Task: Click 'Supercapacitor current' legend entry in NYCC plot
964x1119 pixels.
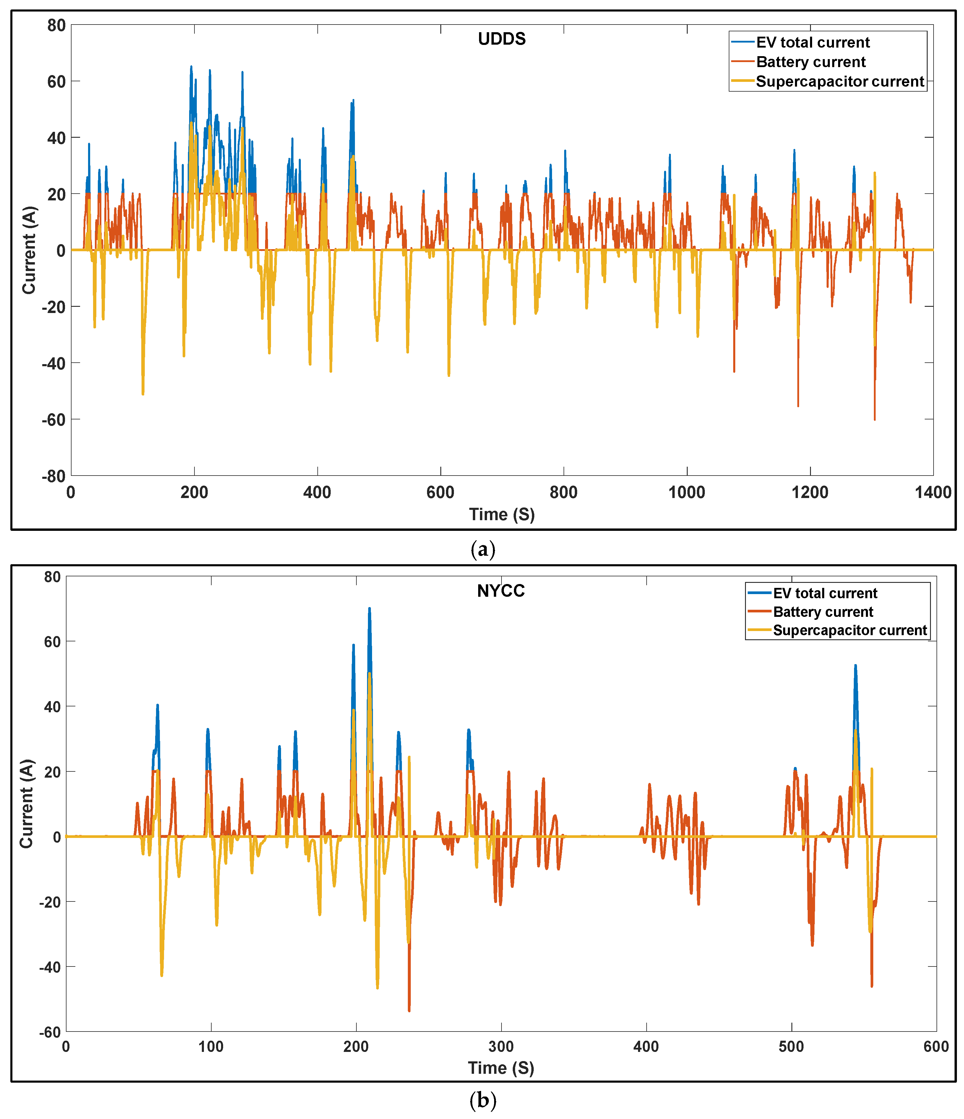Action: tap(850, 630)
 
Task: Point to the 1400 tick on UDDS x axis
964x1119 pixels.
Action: tap(933, 492)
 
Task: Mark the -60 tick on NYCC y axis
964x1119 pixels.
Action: tap(50, 1032)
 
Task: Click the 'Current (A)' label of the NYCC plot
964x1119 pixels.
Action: tap(27, 804)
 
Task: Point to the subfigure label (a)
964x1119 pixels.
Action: tap(482, 549)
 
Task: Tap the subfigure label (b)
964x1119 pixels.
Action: tap(482, 1100)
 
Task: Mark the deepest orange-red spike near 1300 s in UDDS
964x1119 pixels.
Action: tap(874, 419)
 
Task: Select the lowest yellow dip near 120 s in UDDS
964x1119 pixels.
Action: tap(143, 394)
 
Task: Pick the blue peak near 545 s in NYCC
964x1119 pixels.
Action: tap(856, 666)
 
